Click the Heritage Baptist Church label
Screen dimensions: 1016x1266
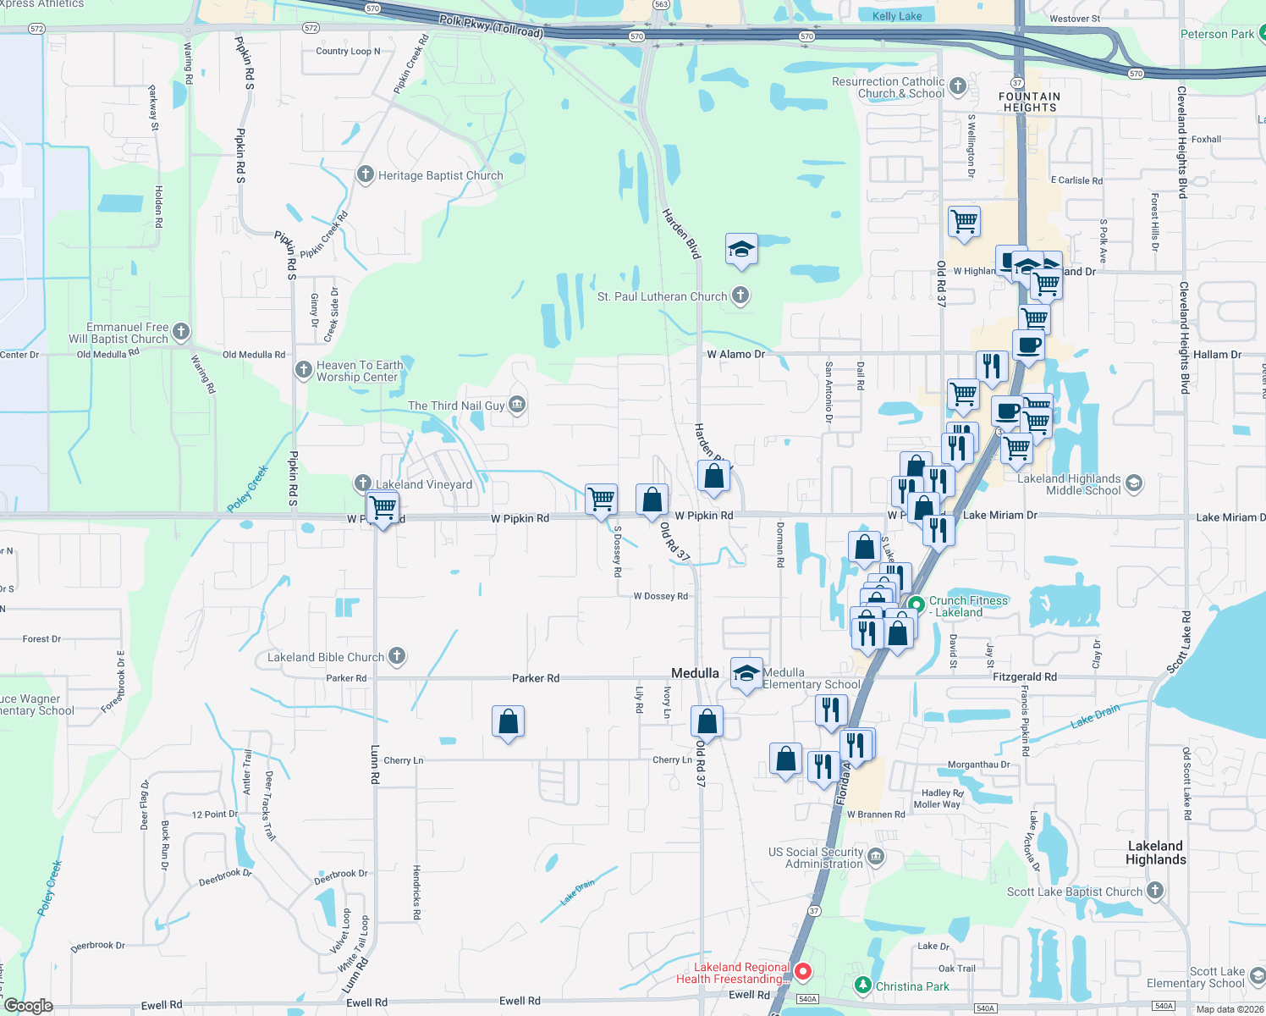point(440,175)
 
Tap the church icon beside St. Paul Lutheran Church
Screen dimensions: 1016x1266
point(740,295)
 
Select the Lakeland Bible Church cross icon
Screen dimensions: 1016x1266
point(397,656)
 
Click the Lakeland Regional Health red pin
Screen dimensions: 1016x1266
point(803,971)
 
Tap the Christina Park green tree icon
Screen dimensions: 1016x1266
point(862,985)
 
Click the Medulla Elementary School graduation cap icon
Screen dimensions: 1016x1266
point(746,673)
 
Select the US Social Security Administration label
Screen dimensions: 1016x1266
point(816,858)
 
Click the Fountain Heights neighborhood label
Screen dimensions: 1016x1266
point(1029,102)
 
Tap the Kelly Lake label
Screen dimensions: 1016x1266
point(897,16)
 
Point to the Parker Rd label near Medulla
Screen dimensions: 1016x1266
point(535,678)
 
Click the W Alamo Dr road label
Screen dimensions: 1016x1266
point(735,354)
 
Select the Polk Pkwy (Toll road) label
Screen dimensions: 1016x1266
point(491,25)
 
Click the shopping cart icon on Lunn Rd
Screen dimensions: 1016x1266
point(383,507)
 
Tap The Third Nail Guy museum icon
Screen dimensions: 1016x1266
point(517,406)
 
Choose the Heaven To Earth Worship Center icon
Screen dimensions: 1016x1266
point(304,370)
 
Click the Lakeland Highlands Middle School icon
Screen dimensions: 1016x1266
point(1134,484)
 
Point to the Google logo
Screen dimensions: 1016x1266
point(29,1005)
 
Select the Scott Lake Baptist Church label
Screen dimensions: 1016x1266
point(1074,892)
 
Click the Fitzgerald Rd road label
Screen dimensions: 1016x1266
point(1024,676)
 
